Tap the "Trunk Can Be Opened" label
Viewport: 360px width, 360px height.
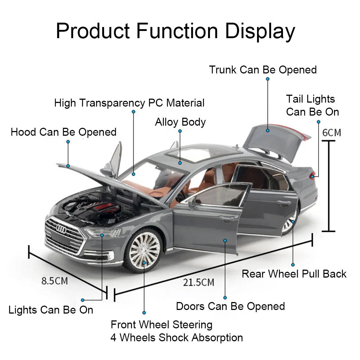click(x=263, y=69)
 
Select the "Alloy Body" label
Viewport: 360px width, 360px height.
click(x=180, y=122)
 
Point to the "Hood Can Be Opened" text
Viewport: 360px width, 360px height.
click(x=64, y=132)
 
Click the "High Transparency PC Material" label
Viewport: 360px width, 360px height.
click(x=129, y=103)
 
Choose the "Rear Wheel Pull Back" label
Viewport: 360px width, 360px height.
click(x=294, y=274)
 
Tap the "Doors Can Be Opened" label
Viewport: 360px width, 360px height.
click(x=230, y=306)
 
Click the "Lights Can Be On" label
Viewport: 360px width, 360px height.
click(x=51, y=310)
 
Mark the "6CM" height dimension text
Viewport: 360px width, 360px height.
click(x=331, y=132)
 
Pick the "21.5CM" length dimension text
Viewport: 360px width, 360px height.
click(x=199, y=282)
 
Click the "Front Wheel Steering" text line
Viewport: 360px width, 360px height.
click(x=161, y=325)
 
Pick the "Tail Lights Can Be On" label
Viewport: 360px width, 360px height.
click(x=312, y=105)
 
